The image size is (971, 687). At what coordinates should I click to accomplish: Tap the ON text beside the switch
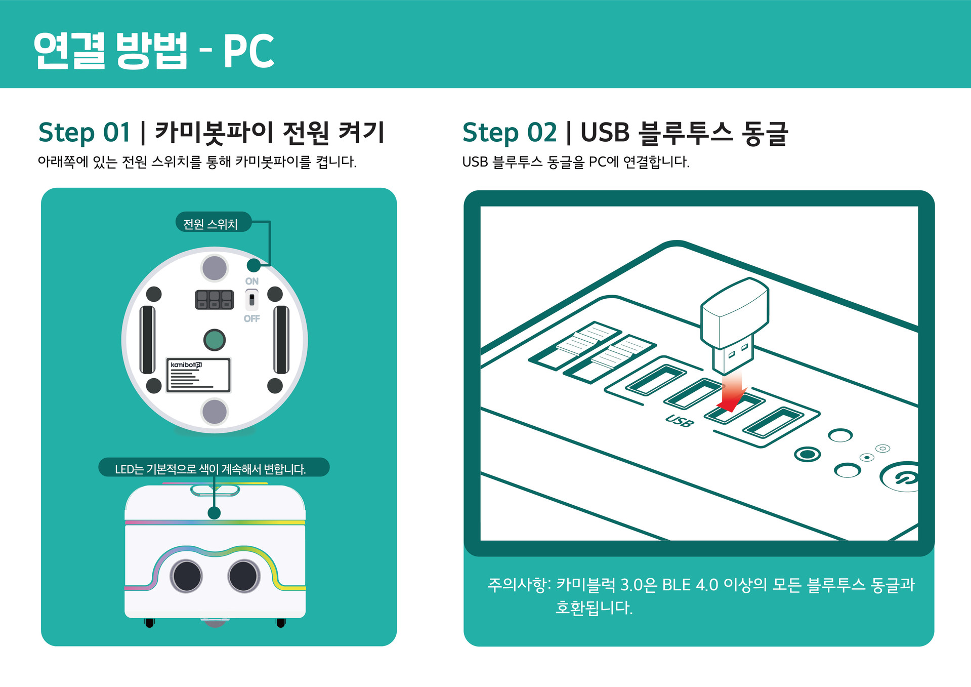[x=252, y=281]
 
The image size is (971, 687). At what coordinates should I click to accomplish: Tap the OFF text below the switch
[x=251, y=318]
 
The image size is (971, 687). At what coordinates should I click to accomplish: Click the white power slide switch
[x=251, y=300]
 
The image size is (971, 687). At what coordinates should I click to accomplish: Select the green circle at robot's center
[x=214, y=340]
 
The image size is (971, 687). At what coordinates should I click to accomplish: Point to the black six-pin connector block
[x=215, y=300]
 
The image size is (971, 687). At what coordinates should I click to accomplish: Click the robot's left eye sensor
[x=187, y=576]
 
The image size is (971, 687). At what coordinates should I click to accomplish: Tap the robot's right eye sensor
[x=244, y=576]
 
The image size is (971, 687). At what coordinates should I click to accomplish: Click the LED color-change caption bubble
[x=214, y=468]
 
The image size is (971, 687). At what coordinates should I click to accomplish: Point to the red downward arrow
[x=732, y=392]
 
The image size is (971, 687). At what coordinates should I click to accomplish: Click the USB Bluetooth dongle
[x=735, y=324]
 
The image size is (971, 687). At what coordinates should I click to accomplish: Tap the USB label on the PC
[x=679, y=421]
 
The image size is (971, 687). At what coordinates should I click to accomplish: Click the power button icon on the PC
[x=901, y=477]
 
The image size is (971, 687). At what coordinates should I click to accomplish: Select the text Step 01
[x=85, y=133]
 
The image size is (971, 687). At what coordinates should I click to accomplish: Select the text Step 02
[x=510, y=133]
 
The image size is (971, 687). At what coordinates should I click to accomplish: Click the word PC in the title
[x=248, y=51]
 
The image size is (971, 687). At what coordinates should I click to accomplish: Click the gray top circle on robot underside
[x=215, y=268]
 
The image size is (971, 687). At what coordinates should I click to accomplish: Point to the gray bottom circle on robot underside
[x=215, y=412]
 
